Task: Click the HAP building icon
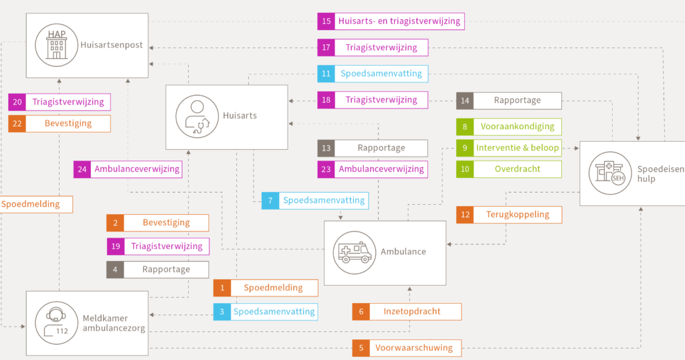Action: tap(56, 45)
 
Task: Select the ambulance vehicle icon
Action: tap(355, 252)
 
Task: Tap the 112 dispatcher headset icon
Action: tap(56, 323)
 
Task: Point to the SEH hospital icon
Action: tap(610, 173)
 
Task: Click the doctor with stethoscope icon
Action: tap(197, 116)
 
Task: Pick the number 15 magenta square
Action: tap(326, 21)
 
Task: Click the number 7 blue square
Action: tap(270, 201)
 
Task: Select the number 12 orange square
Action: tap(466, 215)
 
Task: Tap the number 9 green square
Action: tap(465, 148)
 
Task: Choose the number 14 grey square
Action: tap(465, 100)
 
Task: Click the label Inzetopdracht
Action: tap(412, 312)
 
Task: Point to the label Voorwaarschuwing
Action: tap(413, 348)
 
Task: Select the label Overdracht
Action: tap(517, 169)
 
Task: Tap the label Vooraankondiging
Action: tap(517, 126)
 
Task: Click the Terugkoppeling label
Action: tap(518, 215)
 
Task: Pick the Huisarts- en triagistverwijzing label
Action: tap(399, 21)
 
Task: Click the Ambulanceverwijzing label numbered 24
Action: tap(136, 169)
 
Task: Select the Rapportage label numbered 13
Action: tap(381, 148)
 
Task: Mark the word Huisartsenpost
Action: tap(112, 45)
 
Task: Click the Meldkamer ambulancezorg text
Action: tap(114, 323)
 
